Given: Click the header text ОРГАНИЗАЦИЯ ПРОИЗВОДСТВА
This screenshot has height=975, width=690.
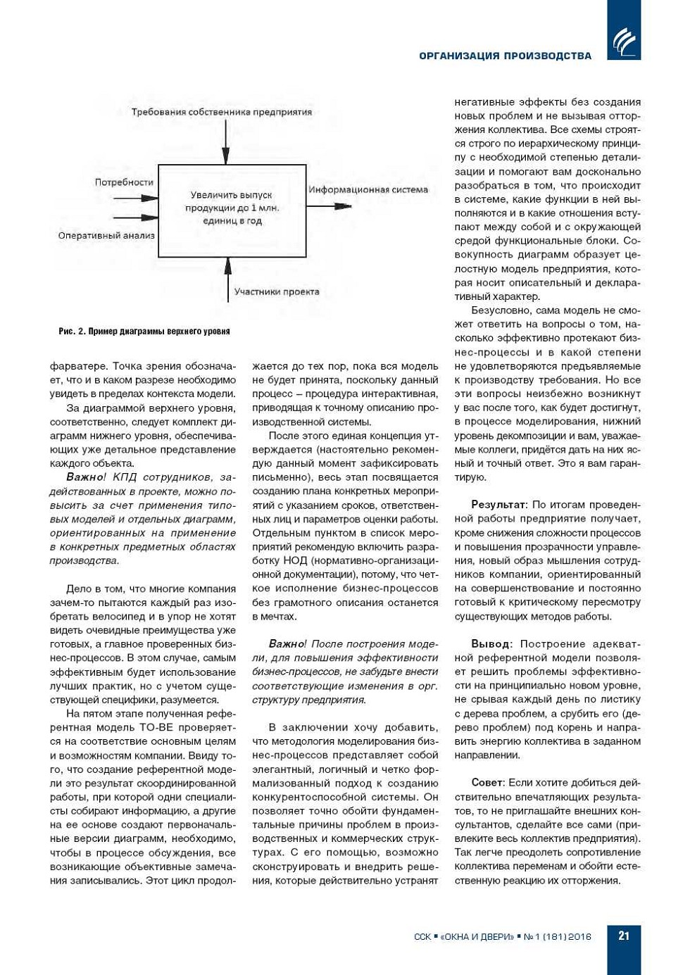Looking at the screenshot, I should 505,56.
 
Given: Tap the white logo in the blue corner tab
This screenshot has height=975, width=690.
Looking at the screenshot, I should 624,41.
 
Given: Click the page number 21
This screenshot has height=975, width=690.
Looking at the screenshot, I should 624,936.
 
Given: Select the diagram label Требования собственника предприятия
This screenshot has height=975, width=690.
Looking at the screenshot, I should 221,112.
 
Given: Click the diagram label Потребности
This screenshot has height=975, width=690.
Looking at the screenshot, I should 124,182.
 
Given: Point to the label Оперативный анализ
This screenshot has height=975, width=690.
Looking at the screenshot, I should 106,236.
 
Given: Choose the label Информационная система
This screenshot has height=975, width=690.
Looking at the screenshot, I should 368,189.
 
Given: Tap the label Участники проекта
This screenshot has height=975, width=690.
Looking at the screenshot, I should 277,291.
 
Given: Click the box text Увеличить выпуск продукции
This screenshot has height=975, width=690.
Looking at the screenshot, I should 232,208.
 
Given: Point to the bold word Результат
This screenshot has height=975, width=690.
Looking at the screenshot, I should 498,505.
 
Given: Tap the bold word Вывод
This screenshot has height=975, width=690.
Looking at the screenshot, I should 491,644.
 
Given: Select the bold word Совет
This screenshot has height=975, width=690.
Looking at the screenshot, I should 487,783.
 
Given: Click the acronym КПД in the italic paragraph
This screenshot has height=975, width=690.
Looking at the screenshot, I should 125,477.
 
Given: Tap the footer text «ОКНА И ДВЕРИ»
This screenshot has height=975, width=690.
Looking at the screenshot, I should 477,936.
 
